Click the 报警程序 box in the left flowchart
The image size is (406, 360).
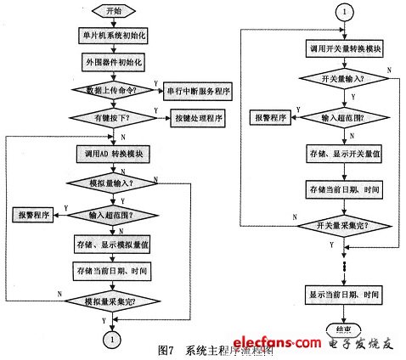32,215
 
